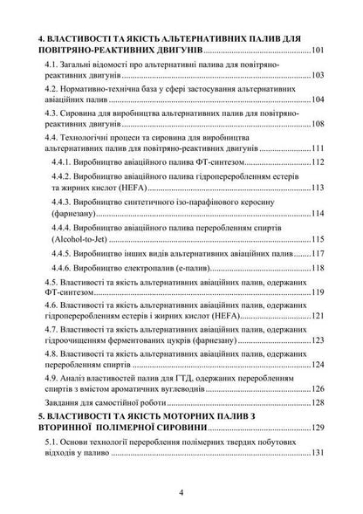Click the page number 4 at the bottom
click(x=181, y=491)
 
